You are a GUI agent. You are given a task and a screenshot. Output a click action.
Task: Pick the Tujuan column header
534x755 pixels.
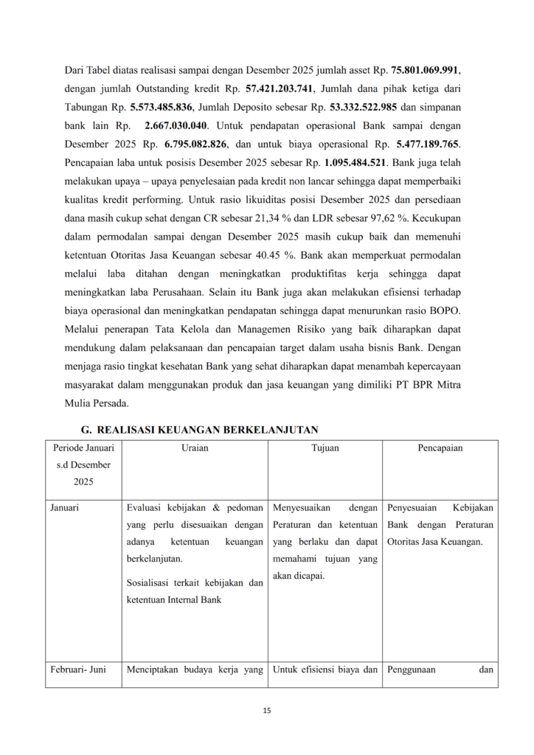325,448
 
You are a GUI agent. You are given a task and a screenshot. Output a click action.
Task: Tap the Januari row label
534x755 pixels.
65,508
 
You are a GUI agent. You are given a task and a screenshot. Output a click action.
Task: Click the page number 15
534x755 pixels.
267,711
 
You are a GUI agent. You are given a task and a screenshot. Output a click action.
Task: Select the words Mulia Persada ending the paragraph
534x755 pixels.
97,403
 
